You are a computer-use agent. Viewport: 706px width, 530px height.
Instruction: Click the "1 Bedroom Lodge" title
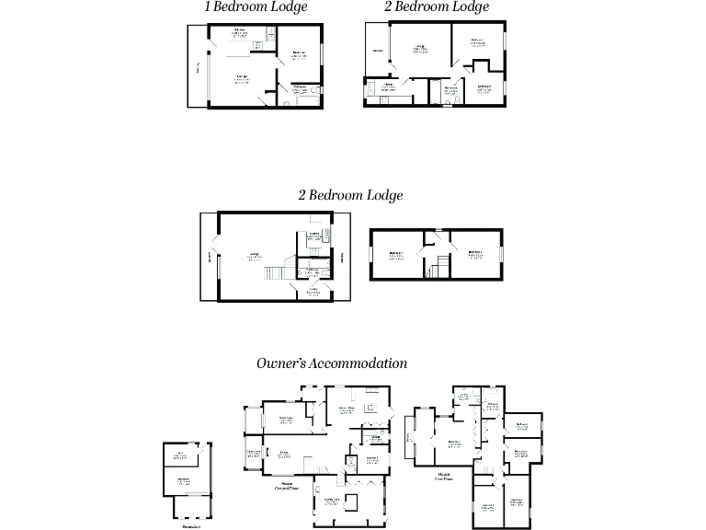point(256,7)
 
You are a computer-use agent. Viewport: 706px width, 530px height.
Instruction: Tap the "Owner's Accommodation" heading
point(333,363)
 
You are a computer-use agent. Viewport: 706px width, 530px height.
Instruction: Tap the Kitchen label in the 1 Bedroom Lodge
point(238,33)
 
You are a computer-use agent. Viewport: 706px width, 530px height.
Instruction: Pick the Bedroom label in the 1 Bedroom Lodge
point(299,54)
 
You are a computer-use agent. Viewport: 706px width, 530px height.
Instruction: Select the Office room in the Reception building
point(181,455)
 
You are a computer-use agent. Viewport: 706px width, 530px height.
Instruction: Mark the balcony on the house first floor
point(409,440)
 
